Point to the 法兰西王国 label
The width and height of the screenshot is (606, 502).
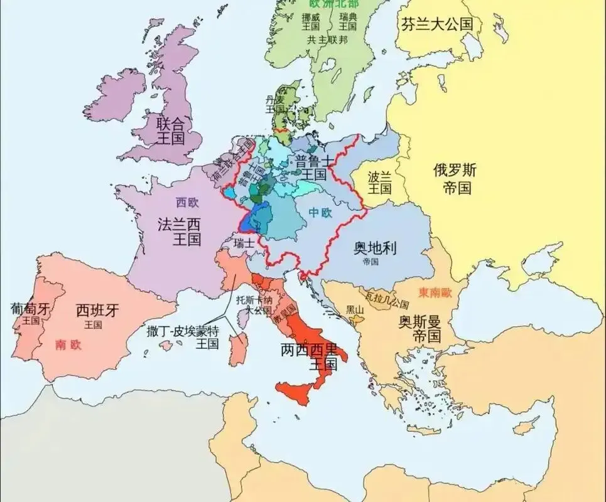(178, 232)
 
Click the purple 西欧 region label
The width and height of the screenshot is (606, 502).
(186, 203)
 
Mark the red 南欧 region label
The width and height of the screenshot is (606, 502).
(68, 344)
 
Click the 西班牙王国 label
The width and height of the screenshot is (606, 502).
(97, 316)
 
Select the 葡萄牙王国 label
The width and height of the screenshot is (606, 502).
(30, 313)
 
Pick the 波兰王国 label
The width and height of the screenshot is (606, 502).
(380, 182)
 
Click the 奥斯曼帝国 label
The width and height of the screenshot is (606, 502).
(419, 329)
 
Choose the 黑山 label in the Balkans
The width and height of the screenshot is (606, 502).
(355, 310)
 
